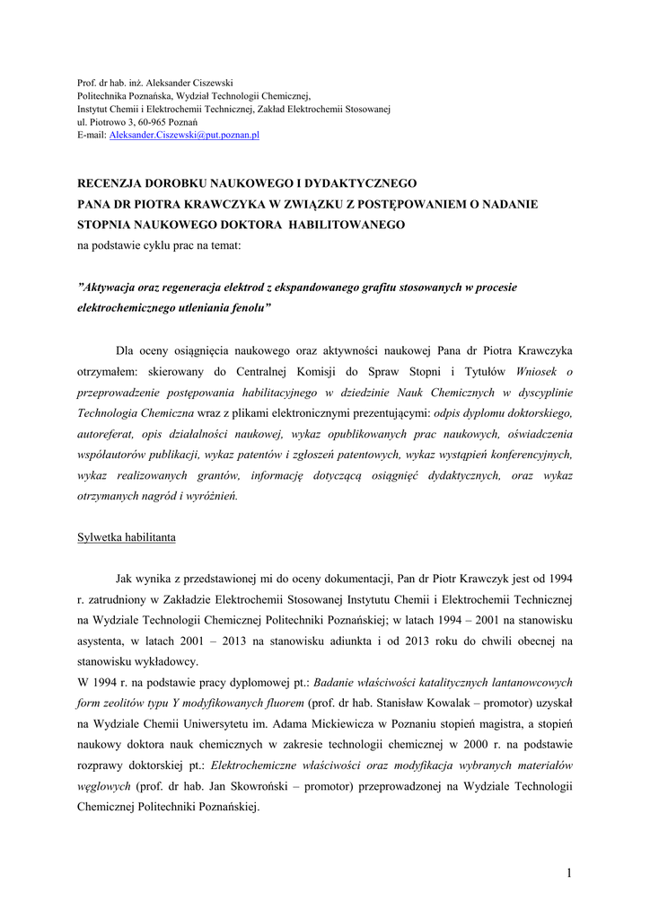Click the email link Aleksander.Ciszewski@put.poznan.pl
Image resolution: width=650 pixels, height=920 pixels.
pos(184,134)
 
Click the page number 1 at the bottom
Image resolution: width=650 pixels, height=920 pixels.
pos(569,872)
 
